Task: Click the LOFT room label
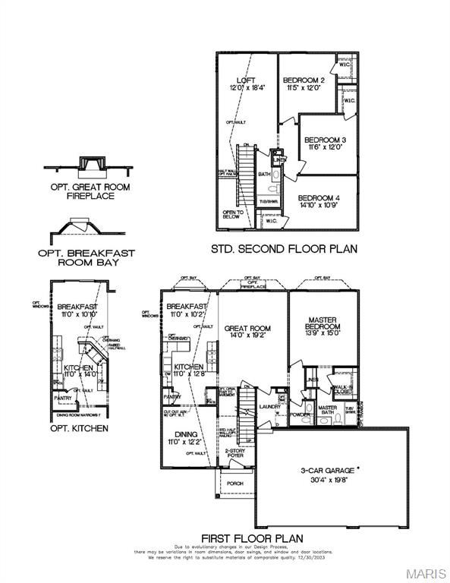[245, 80]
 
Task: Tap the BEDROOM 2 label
[304, 80]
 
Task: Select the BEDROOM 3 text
[325, 140]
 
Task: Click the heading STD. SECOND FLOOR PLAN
[284, 248]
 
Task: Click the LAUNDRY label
[270, 407]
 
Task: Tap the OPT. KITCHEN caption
[79, 428]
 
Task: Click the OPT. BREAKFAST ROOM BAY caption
[86, 258]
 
